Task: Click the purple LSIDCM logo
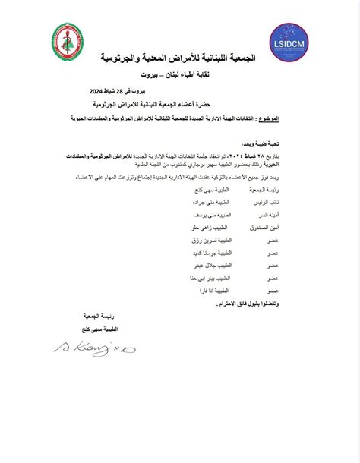pyautogui.click(x=290, y=43)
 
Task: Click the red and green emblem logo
pyautogui.click(x=68, y=43)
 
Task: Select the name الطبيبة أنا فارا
pyautogui.click(x=212, y=291)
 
